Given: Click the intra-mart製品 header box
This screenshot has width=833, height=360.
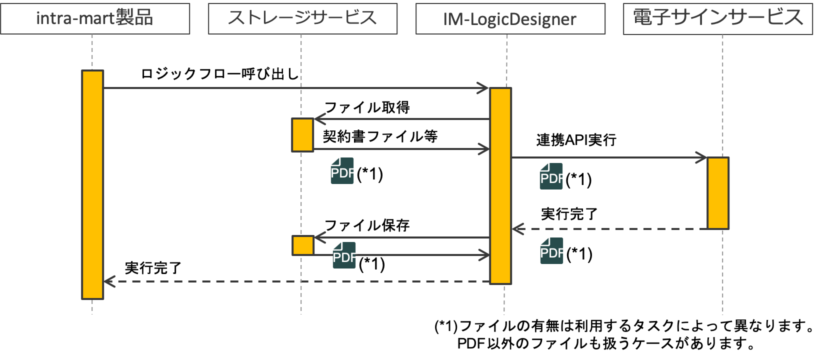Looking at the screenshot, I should point(95,18).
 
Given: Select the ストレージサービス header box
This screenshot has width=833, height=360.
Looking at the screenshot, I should point(302,18).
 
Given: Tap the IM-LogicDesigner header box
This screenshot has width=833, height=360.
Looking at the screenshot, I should point(510,18).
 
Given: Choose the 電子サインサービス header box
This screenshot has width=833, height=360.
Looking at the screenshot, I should point(718,18).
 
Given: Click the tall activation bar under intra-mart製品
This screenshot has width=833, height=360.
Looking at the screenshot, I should point(92,185).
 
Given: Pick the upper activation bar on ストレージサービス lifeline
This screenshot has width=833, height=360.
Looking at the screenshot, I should point(302,134).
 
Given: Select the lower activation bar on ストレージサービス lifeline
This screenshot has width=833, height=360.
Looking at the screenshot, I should point(303,245).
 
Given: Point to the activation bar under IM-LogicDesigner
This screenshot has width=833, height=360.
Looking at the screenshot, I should point(500,186).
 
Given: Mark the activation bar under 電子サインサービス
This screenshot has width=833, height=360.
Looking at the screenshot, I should point(718,193).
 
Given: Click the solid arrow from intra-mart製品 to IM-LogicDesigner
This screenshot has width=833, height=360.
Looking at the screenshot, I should point(295,88).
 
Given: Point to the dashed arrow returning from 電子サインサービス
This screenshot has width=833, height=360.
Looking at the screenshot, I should point(610,229).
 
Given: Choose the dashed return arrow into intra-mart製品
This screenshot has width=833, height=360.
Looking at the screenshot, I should point(295,281).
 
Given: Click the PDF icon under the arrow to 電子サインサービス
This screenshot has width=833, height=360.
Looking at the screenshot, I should point(551,176).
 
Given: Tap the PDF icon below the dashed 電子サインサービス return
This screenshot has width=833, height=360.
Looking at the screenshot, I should point(551,251).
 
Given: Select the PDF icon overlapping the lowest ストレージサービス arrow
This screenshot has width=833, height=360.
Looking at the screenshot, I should point(344,255).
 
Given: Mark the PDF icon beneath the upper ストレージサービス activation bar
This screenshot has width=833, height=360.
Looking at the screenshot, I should point(342,171).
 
